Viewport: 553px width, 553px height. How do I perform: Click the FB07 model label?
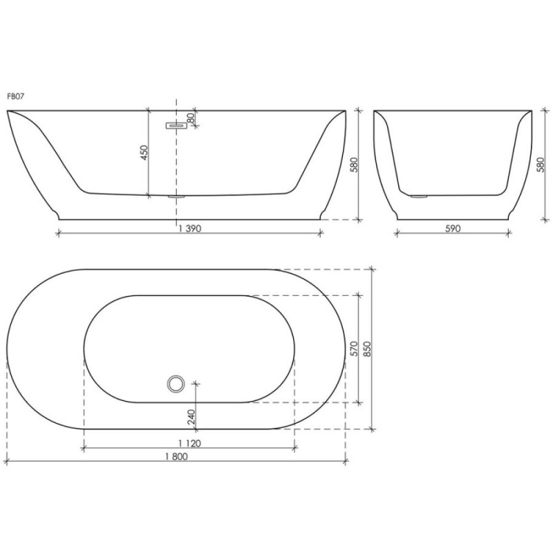coord(15,97)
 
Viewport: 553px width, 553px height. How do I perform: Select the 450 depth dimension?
coord(144,152)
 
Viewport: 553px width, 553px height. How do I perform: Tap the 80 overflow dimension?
coord(191,118)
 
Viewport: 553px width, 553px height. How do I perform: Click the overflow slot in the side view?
coord(176,126)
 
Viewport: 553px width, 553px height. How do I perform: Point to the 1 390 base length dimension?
coord(189,229)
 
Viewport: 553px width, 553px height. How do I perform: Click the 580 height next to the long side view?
coord(355,165)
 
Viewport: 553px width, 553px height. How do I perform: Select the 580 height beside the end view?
coord(541,165)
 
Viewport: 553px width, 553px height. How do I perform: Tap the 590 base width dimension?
coord(453,229)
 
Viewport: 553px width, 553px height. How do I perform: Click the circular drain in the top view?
coord(176,384)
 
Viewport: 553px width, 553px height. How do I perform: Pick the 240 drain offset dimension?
coord(191,417)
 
